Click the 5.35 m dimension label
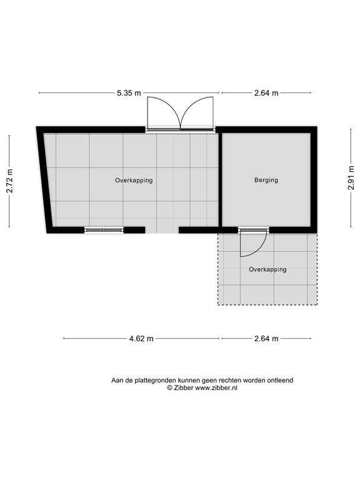point(129,92)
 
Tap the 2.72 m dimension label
point(10,181)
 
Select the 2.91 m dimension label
point(351,178)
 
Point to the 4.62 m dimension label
point(141,339)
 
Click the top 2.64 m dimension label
point(266,92)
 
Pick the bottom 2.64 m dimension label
point(266,339)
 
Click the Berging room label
point(266,180)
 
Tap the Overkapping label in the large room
point(134,180)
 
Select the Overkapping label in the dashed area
point(268,270)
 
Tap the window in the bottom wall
point(104,230)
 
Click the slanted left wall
point(45,180)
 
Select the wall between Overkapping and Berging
point(220,180)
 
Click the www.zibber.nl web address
point(216,388)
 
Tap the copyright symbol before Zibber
point(169,388)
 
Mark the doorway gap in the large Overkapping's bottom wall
point(162,230)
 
